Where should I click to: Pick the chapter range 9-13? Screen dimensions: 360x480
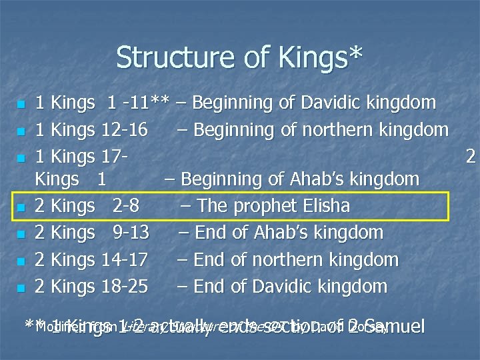(131, 233)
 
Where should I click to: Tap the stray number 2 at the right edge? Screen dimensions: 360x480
(471, 156)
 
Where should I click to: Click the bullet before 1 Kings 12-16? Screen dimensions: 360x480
(21, 129)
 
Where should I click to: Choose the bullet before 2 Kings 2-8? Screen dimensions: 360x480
(21, 207)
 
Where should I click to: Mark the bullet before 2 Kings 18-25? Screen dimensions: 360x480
(21, 288)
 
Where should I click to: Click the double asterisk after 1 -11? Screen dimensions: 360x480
(160, 101)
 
